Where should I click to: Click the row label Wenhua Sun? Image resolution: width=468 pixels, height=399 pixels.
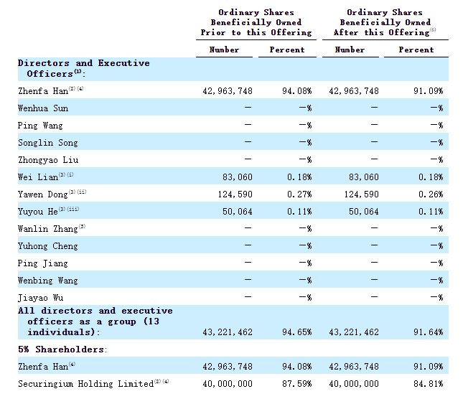click(x=43, y=108)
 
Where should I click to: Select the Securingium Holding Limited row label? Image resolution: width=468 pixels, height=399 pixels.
click(x=85, y=383)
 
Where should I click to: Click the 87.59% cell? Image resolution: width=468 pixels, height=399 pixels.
click(x=297, y=383)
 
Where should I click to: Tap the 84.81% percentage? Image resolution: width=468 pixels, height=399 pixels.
click(x=429, y=383)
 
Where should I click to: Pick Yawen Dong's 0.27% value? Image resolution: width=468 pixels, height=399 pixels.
click(x=299, y=194)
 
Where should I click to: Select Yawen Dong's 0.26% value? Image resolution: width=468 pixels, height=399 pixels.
click(x=431, y=194)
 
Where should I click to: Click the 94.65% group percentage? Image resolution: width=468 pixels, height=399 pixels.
click(x=297, y=332)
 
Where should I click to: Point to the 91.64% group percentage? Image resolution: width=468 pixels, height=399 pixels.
click(x=429, y=332)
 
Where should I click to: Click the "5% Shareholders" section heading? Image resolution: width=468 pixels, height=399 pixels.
click(x=62, y=349)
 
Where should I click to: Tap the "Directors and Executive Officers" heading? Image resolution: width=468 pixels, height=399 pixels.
click(x=83, y=68)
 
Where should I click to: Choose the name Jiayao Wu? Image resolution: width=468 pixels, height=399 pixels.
click(x=41, y=298)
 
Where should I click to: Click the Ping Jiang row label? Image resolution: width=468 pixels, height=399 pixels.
click(x=42, y=263)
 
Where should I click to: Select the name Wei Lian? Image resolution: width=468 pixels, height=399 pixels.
click(x=38, y=177)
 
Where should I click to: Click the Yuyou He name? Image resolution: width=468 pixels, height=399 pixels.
click(x=37, y=212)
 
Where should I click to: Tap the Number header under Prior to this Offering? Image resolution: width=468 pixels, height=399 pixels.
click(x=224, y=50)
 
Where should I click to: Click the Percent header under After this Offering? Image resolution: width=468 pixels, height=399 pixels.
click(x=416, y=50)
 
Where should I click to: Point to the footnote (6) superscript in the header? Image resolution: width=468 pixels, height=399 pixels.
click(x=433, y=29)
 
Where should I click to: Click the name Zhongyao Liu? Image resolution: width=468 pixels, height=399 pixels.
click(x=48, y=160)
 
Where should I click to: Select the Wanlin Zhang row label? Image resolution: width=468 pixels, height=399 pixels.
click(x=48, y=229)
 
